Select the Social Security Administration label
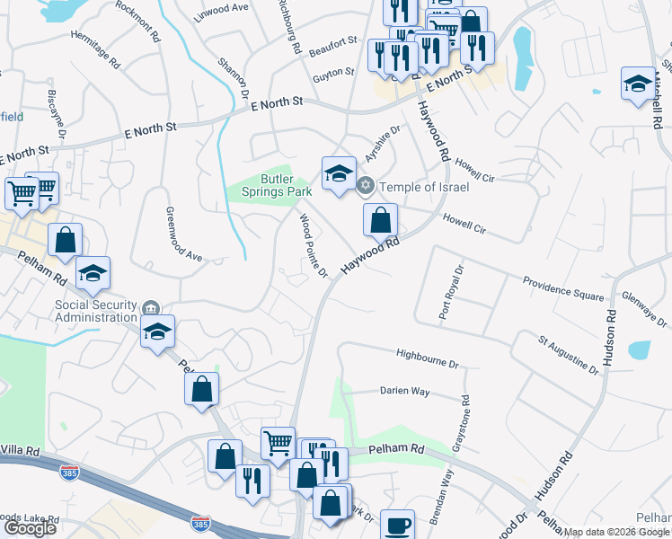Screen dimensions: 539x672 (x=97, y=311)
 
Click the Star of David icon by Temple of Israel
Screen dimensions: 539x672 (x=365, y=187)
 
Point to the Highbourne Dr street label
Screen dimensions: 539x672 (x=428, y=358)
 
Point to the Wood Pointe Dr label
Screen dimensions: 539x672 (x=314, y=244)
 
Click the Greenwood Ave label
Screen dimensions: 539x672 (x=184, y=234)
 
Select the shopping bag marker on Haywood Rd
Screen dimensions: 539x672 (x=380, y=218)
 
